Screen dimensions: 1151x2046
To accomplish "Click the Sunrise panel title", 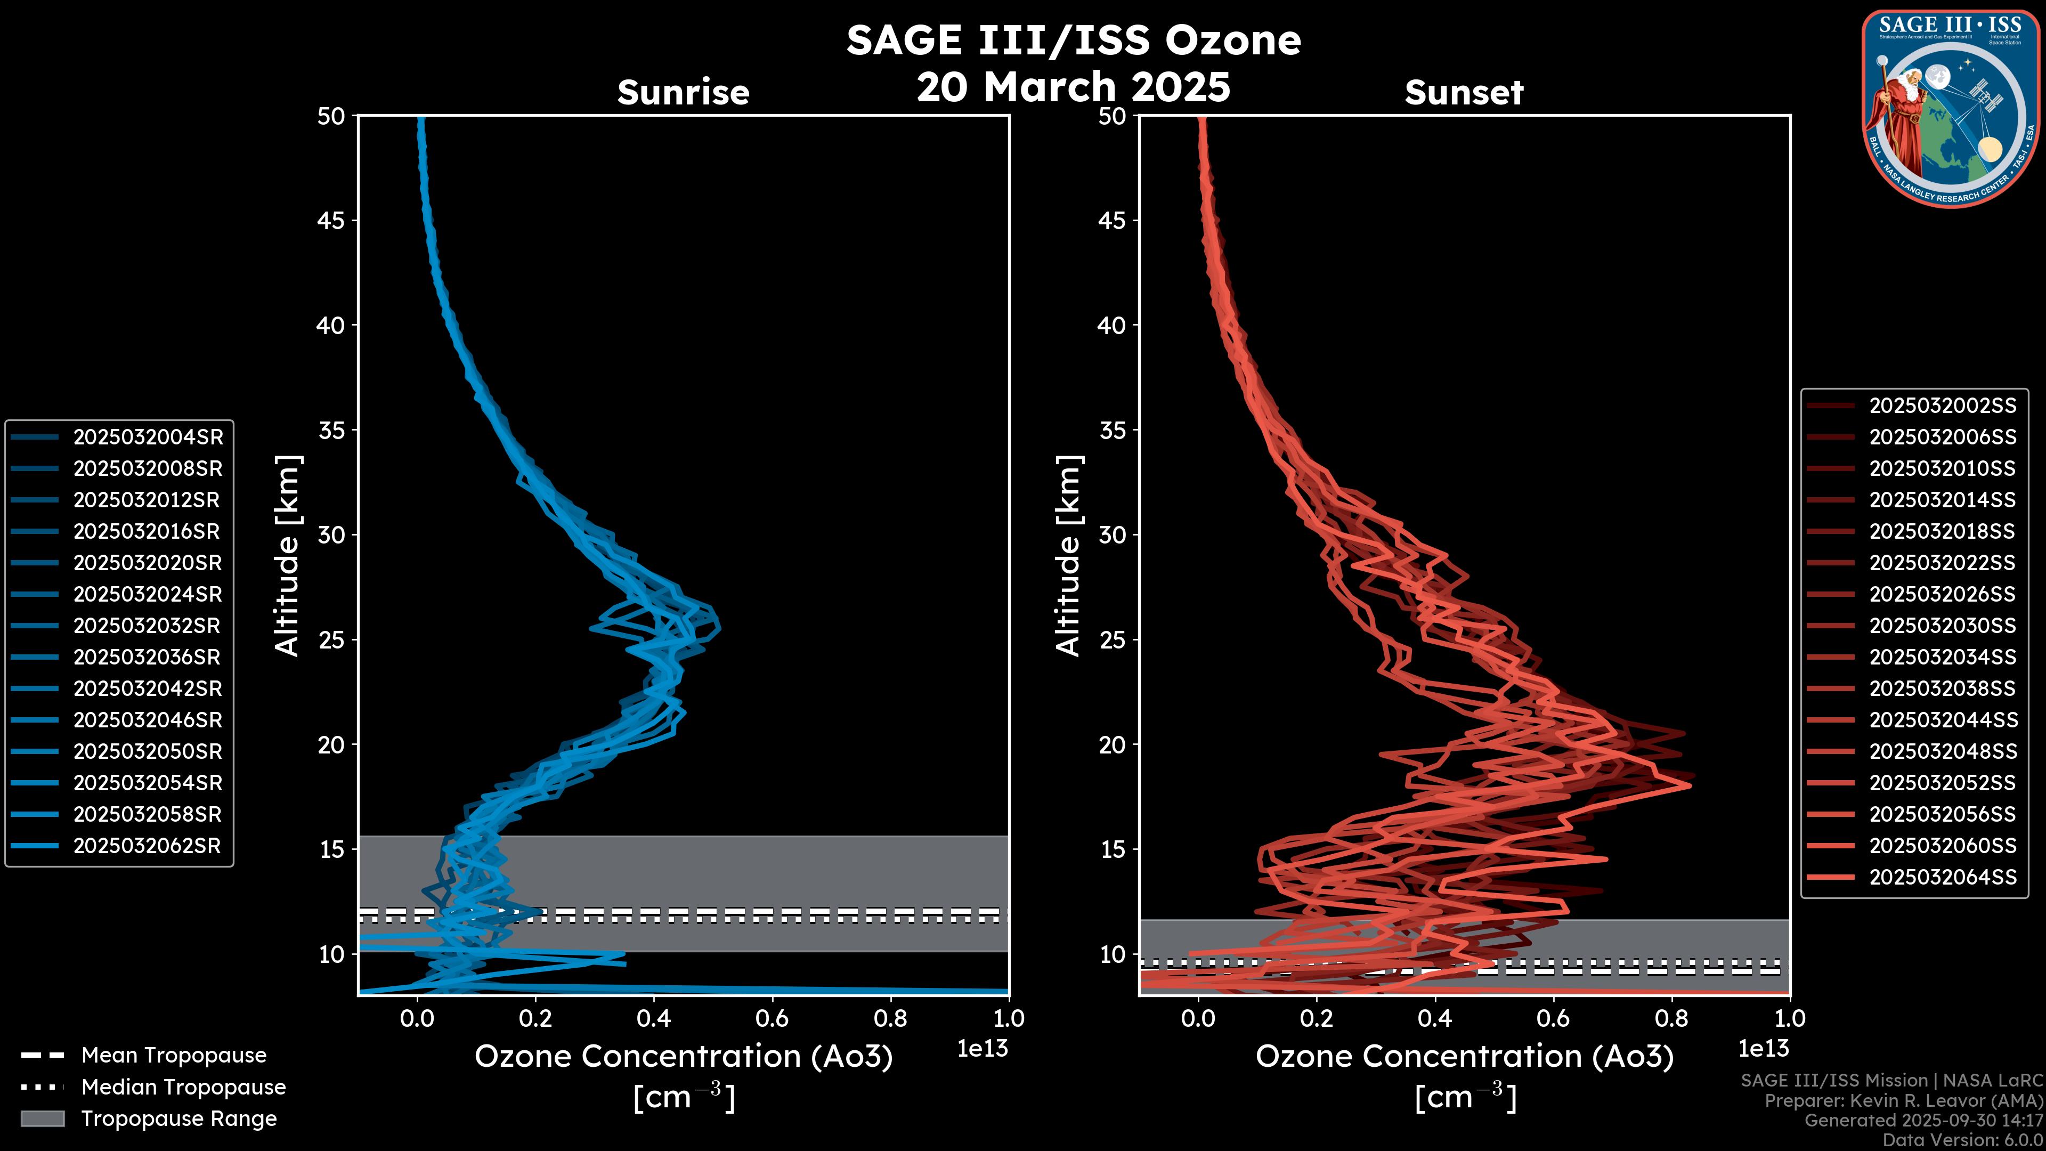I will point(683,92).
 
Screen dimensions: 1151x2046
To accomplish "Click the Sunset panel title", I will point(1464,92).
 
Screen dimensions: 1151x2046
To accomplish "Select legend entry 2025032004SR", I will point(148,437).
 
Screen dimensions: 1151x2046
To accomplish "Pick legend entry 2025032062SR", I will point(147,846).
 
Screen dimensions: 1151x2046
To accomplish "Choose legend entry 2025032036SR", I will point(147,657).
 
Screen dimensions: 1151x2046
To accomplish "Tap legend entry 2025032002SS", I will point(1943,406).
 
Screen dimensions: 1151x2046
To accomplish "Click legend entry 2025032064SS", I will point(1943,877).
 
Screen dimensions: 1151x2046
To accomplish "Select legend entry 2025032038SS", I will point(1943,688).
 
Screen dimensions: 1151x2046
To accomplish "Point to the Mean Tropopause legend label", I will point(174,1055).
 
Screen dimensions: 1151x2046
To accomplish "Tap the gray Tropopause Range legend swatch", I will point(42,1118).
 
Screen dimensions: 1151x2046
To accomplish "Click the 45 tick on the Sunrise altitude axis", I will point(331,221).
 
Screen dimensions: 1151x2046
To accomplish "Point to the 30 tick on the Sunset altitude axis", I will point(1112,534).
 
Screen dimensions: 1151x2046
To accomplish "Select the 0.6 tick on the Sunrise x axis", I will point(772,1018).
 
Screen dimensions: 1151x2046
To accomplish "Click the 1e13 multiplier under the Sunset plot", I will point(1763,1049).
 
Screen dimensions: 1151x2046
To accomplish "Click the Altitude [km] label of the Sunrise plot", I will point(288,556).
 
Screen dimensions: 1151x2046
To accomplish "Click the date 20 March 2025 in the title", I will point(1073,86).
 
